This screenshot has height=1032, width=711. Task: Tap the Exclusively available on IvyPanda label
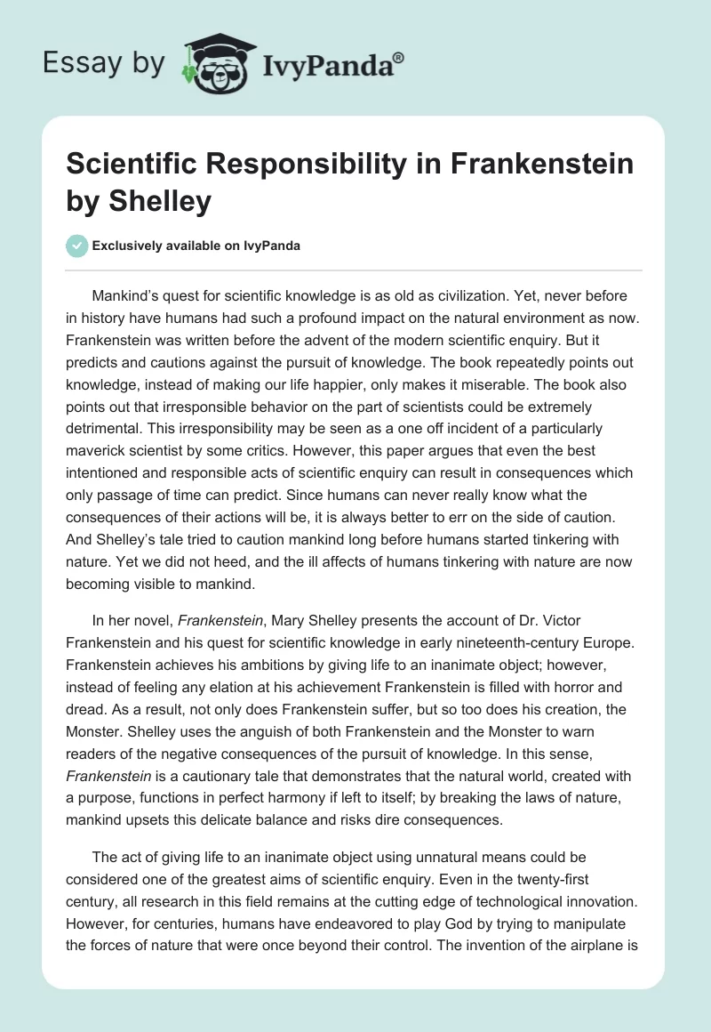(195, 246)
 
